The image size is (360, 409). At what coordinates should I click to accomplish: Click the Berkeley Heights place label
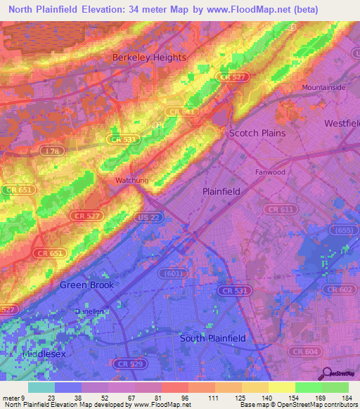(150, 57)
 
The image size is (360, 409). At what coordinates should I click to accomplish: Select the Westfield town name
(341, 123)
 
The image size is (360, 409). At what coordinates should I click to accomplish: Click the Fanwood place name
(270, 171)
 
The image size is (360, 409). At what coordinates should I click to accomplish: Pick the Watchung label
(132, 181)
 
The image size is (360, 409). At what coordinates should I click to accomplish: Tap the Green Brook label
(86, 285)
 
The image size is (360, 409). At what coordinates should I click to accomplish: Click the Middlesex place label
(44, 354)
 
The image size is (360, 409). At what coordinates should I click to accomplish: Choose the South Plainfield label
(212, 338)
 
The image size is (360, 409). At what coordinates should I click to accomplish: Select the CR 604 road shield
(304, 351)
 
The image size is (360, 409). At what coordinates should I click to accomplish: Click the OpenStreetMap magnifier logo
(328, 374)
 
